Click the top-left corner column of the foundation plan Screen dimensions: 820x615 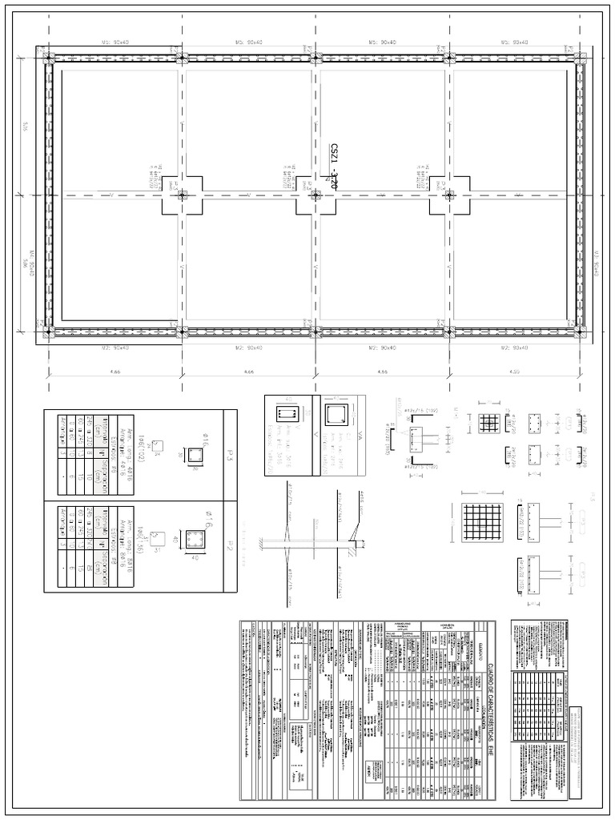[x=50, y=58]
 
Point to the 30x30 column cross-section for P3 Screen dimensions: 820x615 [x=194, y=455]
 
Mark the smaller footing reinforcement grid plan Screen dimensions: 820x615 [x=488, y=424]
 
